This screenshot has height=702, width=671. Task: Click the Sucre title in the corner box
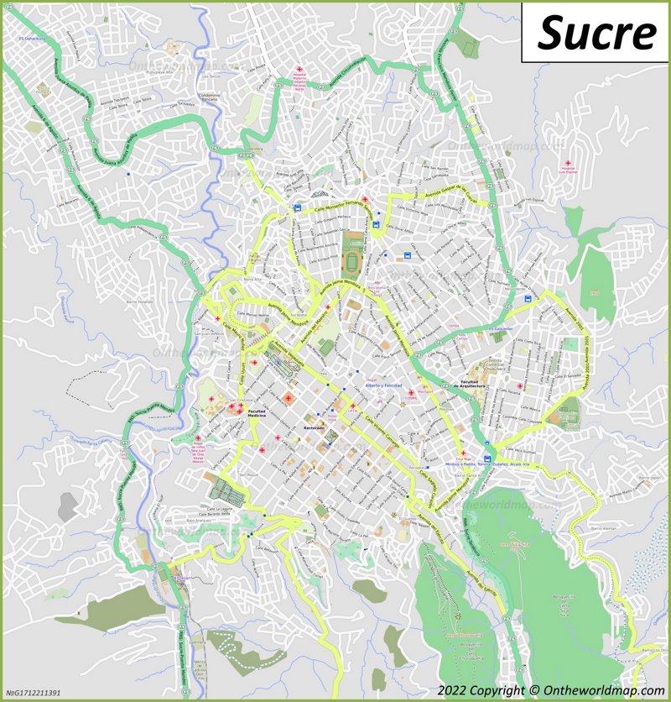(596, 33)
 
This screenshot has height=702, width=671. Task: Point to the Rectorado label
(313, 428)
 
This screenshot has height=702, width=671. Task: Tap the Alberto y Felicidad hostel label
(378, 385)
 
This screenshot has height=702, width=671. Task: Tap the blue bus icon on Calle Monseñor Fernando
(297, 207)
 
